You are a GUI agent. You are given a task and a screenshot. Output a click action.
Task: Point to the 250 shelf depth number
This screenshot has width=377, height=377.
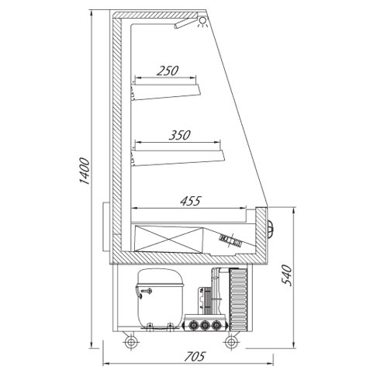(168, 71)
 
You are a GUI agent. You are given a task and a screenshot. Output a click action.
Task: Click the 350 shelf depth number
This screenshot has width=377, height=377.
(180, 135)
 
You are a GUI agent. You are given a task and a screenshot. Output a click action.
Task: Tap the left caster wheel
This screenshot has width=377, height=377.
(128, 341)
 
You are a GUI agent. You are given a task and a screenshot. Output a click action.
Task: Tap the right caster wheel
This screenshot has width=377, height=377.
(230, 341)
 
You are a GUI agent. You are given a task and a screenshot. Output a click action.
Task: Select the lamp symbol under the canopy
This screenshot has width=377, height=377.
(203, 22)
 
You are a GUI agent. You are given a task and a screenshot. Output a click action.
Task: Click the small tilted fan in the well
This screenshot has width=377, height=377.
(230, 240)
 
